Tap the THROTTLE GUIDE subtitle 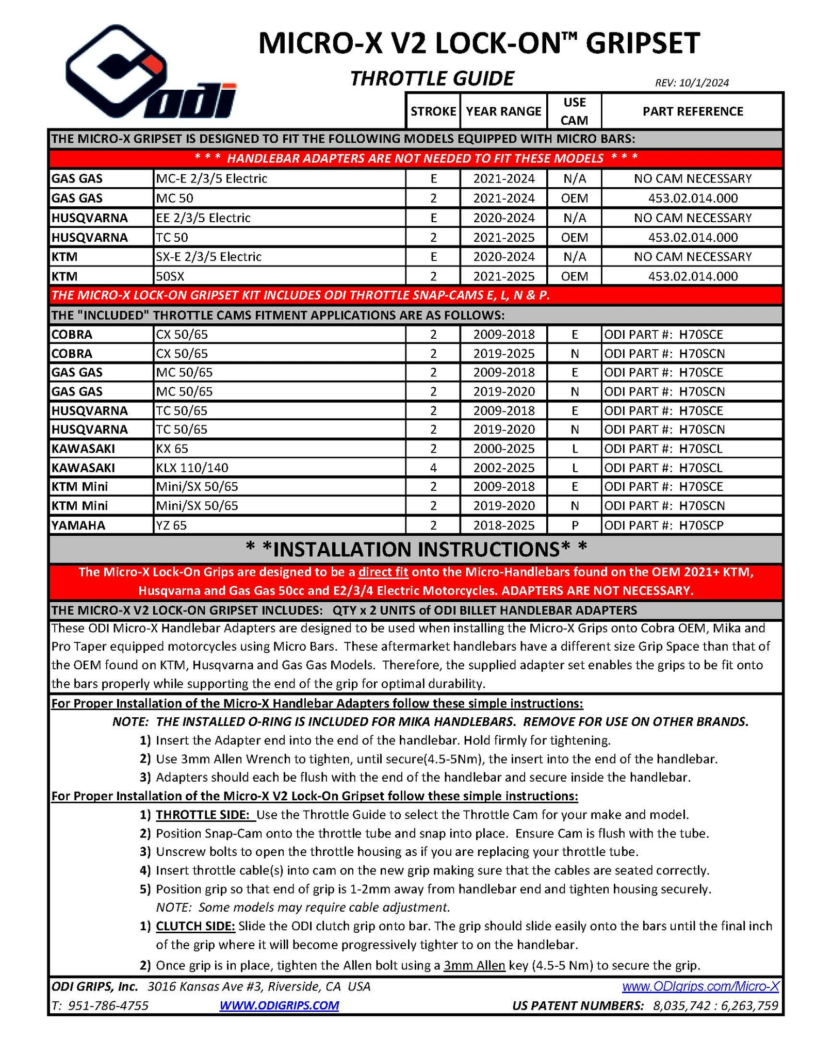click(432, 78)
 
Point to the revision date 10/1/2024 click(691, 82)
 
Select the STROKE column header click(433, 111)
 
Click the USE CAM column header click(574, 111)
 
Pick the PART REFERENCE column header click(692, 111)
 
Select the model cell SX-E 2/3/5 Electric click(208, 257)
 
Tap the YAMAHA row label click(78, 525)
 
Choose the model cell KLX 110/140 click(192, 468)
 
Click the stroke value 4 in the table click(433, 468)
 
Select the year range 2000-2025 click(503, 449)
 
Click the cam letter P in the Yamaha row click(574, 525)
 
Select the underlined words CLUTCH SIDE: click(195, 926)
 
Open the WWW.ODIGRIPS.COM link click(279, 1005)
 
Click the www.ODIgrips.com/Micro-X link click(700, 986)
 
